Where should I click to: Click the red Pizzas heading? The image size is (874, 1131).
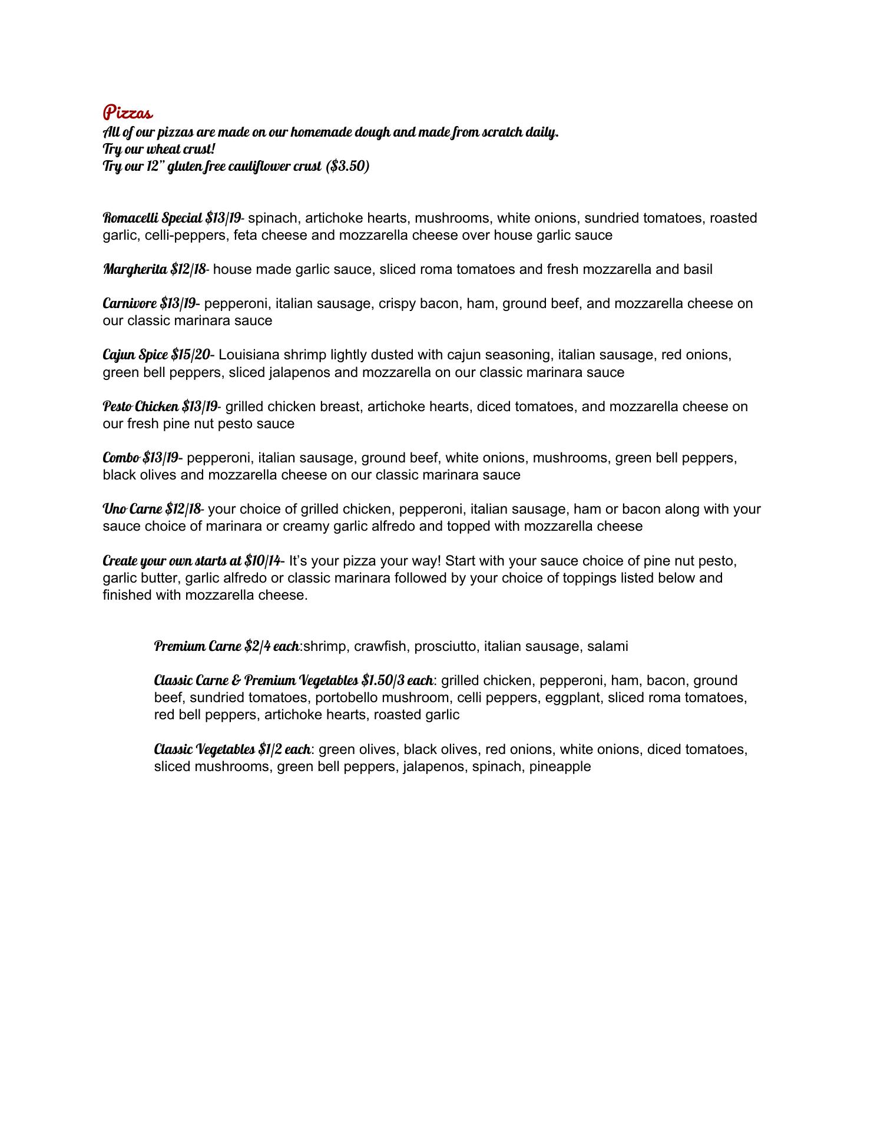coord(128,112)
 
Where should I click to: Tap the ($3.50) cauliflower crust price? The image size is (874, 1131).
coord(347,166)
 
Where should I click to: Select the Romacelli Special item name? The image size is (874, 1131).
coord(153,218)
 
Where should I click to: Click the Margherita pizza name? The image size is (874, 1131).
coord(135,269)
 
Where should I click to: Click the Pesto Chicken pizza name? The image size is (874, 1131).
coord(140,406)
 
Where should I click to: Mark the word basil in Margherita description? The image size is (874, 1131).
coord(697,269)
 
